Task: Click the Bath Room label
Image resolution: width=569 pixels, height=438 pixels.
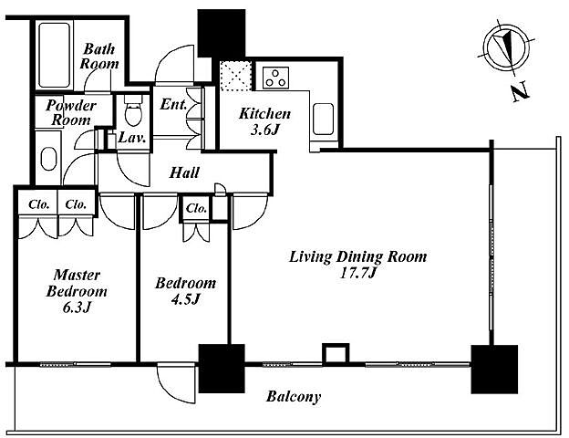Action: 98,56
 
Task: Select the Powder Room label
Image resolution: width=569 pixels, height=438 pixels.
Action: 68,112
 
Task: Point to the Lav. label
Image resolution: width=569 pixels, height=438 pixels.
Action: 129,139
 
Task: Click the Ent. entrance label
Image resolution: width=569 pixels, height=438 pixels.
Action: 173,104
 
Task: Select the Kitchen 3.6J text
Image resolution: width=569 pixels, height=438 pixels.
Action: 264,122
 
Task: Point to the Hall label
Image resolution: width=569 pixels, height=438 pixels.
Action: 185,172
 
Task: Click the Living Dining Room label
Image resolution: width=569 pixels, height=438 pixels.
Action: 357,255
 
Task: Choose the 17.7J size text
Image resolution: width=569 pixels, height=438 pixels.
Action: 357,273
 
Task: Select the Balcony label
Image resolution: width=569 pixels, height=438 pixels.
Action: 293,397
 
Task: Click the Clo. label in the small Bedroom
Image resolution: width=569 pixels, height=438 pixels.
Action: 197,209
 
